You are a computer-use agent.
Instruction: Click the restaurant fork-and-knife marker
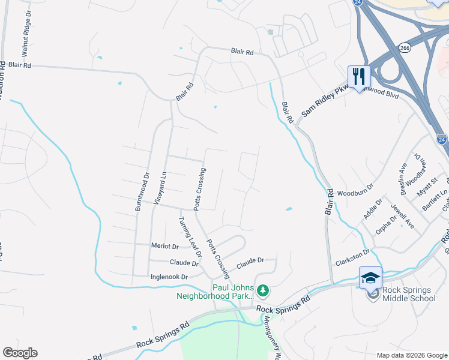pyautogui.click(x=359, y=77)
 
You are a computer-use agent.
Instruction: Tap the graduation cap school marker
pyautogui.click(x=370, y=278)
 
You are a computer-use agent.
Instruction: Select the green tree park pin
pyautogui.click(x=262, y=291)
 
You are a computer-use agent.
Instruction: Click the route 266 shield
pyautogui.click(x=404, y=47)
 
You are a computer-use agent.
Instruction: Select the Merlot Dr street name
pyautogui.click(x=165, y=247)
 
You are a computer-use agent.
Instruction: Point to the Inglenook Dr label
pyautogui.click(x=169, y=277)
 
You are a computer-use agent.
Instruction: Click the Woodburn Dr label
pyautogui.click(x=355, y=194)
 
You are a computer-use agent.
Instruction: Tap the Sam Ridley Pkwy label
pyautogui.click(x=324, y=101)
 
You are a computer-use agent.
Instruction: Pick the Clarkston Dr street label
pyautogui.click(x=353, y=254)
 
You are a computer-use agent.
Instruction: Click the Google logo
pyautogui.click(x=20, y=353)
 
